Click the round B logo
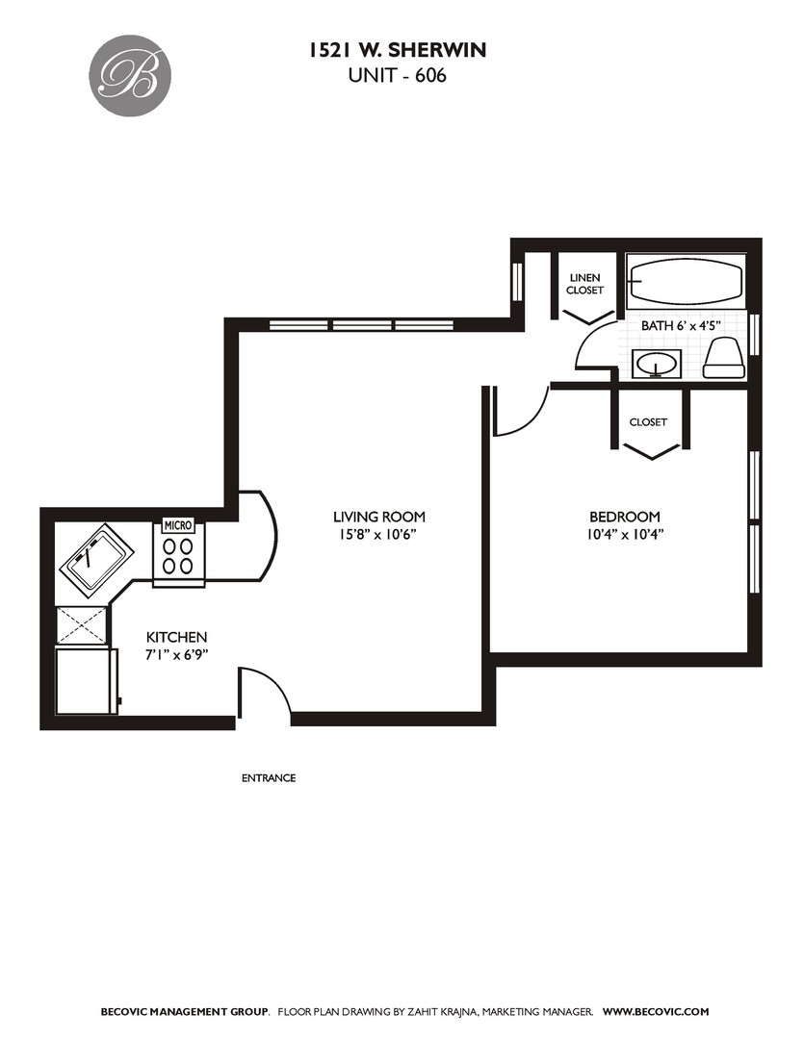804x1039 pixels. (133, 75)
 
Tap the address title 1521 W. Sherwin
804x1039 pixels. (397, 50)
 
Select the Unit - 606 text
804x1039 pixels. (397, 76)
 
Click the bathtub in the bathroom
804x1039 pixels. (687, 282)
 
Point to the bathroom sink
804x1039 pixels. (656, 364)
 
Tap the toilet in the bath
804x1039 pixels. (722, 357)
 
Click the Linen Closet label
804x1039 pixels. (584, 284)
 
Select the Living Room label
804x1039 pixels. (378, 517)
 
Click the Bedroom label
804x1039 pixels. (625, 517)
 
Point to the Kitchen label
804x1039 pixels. (176, 638)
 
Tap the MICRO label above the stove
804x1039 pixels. (178, 525)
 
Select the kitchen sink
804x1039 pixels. (97, 557)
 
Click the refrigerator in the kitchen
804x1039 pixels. (87, 681)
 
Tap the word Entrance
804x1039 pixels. (269, 778)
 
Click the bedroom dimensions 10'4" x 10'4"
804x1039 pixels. (625, 535)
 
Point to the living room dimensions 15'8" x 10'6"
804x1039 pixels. (378, 535)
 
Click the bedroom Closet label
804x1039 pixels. (648, 422)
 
